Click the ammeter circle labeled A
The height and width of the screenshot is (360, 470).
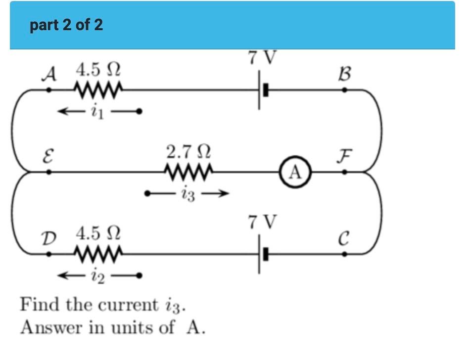click(x=295, y=172)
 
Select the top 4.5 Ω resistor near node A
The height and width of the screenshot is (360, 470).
click(x=97, y=90)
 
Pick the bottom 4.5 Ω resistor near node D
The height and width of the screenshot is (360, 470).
click(x=97, y=254)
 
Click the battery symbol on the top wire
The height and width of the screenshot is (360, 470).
click(x=262, y=90)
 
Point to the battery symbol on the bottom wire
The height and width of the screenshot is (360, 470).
click(x=262, y=254)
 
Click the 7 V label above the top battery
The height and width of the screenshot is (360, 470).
click(x=261, y=58)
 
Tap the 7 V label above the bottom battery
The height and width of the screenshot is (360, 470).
click(x=261, y=222)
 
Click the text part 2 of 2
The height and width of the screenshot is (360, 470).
click(x=66, y=25)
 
